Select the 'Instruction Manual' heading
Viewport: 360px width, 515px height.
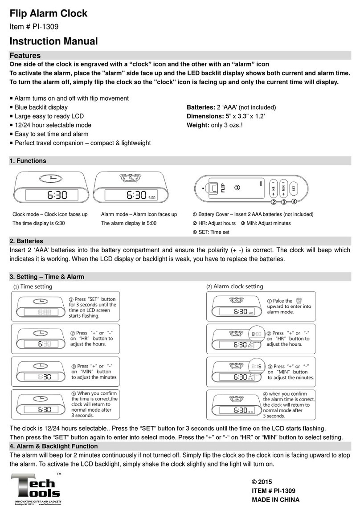tap(53, 42)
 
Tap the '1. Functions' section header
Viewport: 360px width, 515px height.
tap(28, 160)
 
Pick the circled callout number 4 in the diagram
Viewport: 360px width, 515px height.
tap(294, 202)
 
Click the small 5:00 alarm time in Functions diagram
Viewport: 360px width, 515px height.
tap(151, 196)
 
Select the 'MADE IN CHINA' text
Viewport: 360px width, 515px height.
tap(276, 499)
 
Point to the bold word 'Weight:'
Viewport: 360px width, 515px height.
tap(197, 125)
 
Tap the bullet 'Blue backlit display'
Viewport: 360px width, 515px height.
tap(41, 107)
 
